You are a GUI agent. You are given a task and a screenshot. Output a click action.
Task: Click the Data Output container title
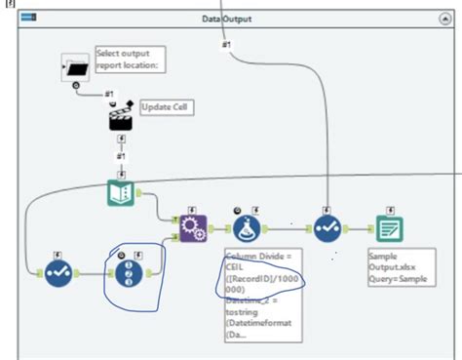pyautogui.click(x=224, y=19)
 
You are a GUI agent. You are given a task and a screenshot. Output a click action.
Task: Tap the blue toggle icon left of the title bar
pyautogui.click(x=28, y=19)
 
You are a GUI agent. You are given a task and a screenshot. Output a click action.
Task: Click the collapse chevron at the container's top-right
pyautogui.click(x=444, y=19)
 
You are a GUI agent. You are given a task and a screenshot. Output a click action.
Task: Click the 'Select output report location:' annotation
pyautogui.click(x=127, y=59)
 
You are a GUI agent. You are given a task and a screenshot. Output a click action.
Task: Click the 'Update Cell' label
pyautogui.click(x=162, y=105)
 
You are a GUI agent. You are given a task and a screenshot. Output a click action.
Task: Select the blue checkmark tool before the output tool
pyautogui.click(x=327, y=229)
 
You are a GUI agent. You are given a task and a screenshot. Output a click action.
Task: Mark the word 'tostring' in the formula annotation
pyautogui.click(x=243, y=311)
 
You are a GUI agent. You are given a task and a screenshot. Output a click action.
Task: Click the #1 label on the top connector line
pyautogui.click(x=226, y=44)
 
